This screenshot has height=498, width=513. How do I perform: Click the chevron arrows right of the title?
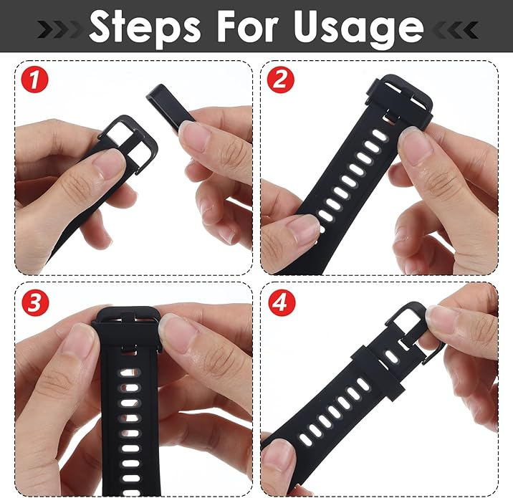pyautogui.click(x=452, y=29)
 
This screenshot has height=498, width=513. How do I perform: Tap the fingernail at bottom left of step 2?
pyautogui.click(x=302, y=231)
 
